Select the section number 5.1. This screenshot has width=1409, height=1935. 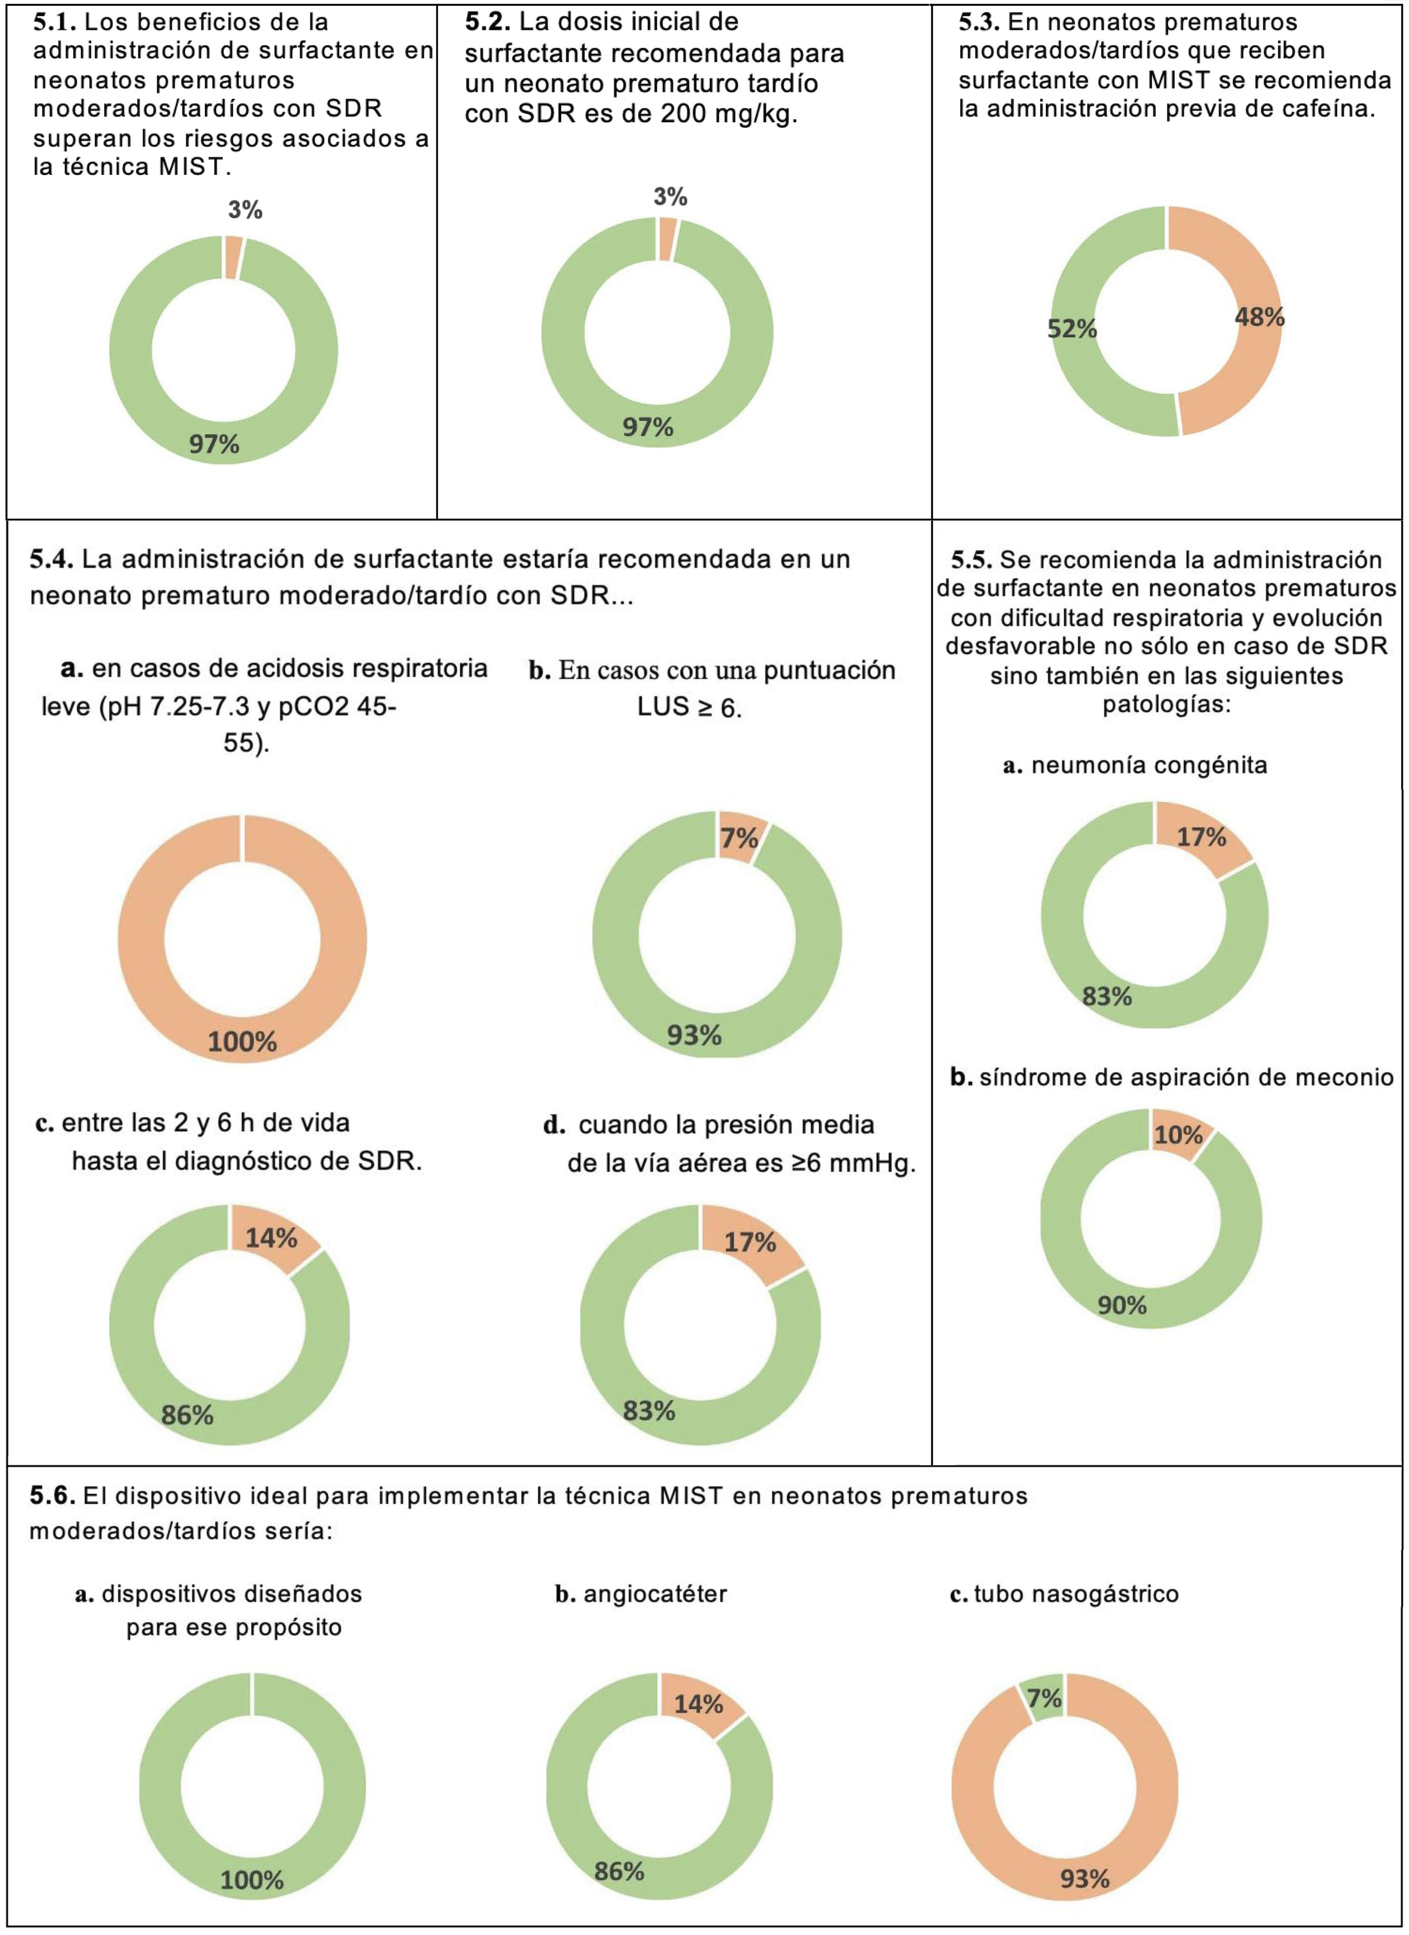[55, 21]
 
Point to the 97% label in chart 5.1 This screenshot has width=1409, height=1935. [214, 444]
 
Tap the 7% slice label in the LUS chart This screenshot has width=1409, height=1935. [739, 838]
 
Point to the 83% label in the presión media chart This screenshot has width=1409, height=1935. [649, 1411]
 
